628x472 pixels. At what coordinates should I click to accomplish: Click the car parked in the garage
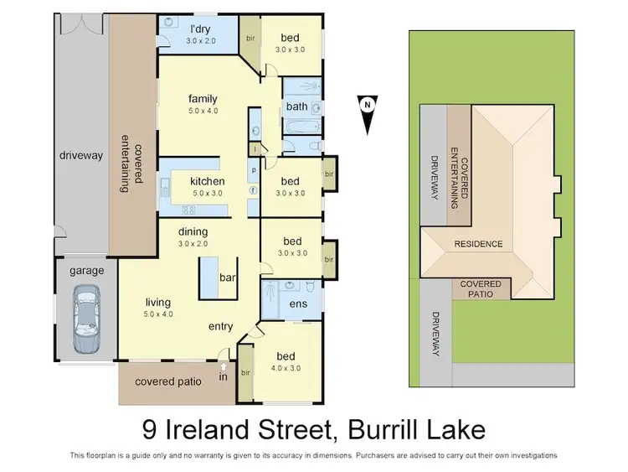[86, 319]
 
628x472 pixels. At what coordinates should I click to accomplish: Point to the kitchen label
[207, 181]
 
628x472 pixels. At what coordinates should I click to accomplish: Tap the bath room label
[296, 106]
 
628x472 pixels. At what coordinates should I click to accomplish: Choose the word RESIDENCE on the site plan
[478, 244]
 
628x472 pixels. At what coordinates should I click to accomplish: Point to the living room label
[157, 302]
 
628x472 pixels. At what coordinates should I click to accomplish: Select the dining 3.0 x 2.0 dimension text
[192, 243]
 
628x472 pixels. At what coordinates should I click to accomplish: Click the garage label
[86, 271]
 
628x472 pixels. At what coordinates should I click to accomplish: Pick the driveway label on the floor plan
[80, 155]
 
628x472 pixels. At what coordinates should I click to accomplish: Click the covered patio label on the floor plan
[168, 381]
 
